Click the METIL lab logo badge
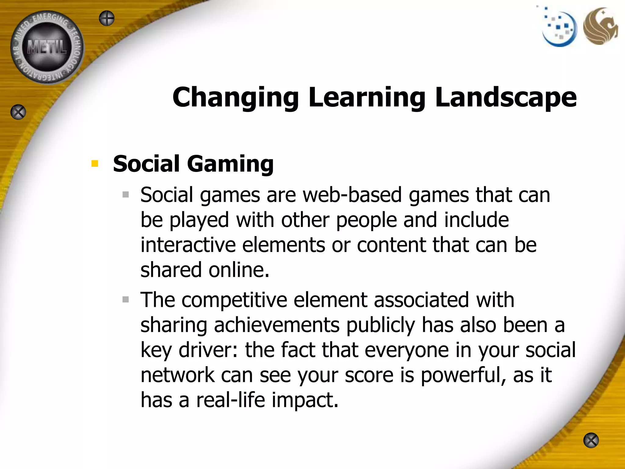(47, 47)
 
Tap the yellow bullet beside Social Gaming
(95, 164)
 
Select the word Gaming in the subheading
(230, 164)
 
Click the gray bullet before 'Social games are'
(126, 195)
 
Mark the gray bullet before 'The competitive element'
(126, 299)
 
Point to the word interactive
(188, 245)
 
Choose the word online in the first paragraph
(239, 270)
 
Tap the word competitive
(234, 300)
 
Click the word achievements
(276, 325)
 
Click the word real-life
(230, 400)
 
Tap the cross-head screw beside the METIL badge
(107, 18)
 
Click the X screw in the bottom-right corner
(591, 440)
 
